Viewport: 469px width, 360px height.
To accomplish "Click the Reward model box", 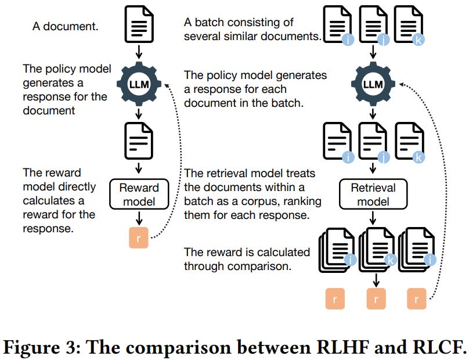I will (x=139, y=195).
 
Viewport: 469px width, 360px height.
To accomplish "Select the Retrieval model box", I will (x=373, y=195).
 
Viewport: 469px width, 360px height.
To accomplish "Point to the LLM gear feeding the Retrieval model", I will (x=373, y=85).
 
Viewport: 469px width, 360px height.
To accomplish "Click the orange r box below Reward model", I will (x=139, y=238).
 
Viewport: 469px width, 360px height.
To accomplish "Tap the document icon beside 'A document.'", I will (x=139, y=25).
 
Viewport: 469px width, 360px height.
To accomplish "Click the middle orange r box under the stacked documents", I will (x=376, y=301).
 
